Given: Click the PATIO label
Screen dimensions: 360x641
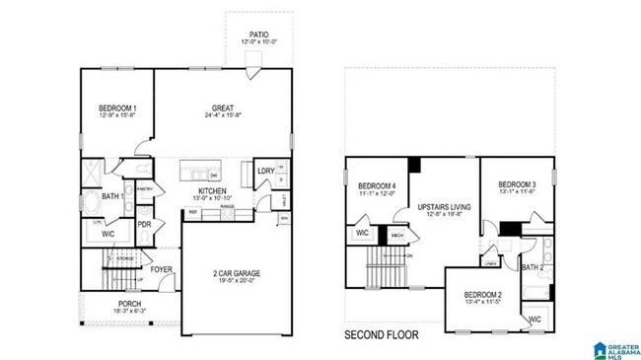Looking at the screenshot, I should (259, 34).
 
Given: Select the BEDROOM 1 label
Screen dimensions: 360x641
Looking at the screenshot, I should (117, 108).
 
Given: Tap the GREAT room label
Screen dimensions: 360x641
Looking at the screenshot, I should (221, 108).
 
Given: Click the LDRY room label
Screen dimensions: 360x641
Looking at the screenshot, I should (265, 171).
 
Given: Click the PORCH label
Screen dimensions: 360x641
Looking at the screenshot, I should (128, 303).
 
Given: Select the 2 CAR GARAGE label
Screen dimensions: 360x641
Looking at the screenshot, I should (236, 273).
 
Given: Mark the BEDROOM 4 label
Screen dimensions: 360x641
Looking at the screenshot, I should (377, 185).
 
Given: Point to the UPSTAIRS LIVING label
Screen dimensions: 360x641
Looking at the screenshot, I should (443, 206).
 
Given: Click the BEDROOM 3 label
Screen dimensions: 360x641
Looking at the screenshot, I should (517, 184).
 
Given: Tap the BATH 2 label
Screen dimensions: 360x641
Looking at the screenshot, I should (533, 267).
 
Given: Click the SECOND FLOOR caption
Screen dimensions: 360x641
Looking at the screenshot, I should (381, 335).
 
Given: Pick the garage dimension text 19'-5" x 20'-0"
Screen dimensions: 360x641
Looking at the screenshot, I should (236, 281).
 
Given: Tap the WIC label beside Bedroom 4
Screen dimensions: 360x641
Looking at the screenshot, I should (361, 234).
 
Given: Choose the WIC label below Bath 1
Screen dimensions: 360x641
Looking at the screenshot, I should (108, 234).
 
